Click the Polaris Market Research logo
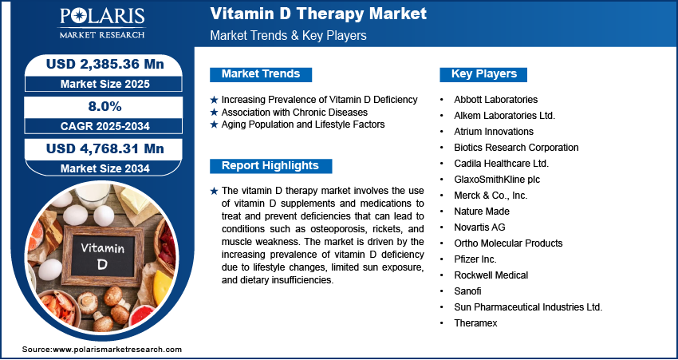click(102, 23)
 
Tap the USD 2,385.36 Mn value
click(105, 64)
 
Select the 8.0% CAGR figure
click(105, 106)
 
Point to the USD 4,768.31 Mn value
click(105, 148)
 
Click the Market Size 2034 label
click(105, 168)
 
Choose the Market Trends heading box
click(261, 74)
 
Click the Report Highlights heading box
click(270, 166)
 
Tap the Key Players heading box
click(483, 74)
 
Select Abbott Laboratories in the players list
click(495, 100)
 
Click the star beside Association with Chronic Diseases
click(214, 113)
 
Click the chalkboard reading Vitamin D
click(102, 255)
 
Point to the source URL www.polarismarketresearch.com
click(117, 349)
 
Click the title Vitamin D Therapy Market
click(318, 14)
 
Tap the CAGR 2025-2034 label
click(105, 126)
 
